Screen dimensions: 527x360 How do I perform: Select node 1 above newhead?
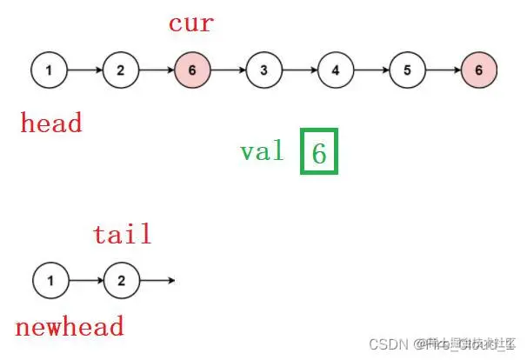click(x=51, y=281)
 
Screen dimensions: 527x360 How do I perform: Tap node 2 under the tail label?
click(x=122, y=281)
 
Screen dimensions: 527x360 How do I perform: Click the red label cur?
click(x=190, y=23)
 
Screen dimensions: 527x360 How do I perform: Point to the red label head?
click(x=51, y=123)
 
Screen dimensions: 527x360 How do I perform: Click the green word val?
click(x=262, y=151)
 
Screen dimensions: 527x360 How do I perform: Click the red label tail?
click(x=123, y=233)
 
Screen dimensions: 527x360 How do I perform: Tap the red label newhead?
click(x=70, y=327)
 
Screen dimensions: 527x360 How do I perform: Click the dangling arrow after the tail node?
click(x=157, y=281)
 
